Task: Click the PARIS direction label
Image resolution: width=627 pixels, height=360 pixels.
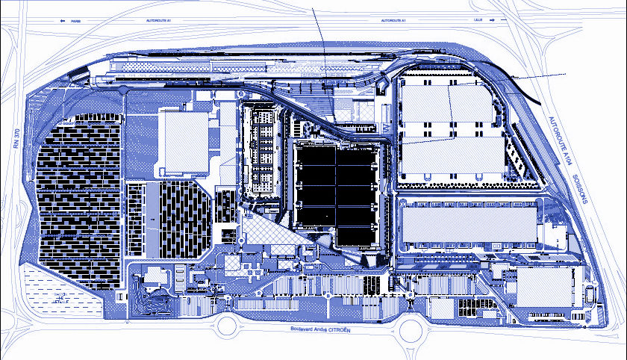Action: click(x=75, y=21)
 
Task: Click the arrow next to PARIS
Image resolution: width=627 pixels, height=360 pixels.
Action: click(x=60, y=21)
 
